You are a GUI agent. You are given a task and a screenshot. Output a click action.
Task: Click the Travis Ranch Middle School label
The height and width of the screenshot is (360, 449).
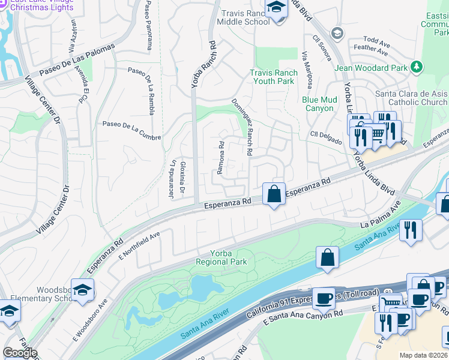[245, 17]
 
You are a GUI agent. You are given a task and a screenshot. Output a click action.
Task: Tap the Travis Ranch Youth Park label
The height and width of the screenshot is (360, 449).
[273, 77]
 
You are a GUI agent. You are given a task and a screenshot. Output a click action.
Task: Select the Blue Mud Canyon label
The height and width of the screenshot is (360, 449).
[318, 104]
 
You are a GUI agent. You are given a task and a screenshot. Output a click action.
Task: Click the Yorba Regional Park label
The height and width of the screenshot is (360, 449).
[220, 257]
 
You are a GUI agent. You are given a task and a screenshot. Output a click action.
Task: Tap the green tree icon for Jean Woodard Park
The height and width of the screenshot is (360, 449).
[417, 67]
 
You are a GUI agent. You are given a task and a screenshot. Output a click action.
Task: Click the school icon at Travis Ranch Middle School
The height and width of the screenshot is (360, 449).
[277, 9]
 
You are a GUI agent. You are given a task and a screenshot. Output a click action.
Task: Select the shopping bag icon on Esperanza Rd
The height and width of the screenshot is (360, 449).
[274, 194]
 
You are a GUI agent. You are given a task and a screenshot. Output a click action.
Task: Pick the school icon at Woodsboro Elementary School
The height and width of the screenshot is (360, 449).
[82, 289]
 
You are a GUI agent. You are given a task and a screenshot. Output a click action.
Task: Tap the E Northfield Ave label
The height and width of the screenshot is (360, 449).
[139, 244]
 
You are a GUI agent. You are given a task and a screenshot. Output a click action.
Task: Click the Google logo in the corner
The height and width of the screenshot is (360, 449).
[20, 353]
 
